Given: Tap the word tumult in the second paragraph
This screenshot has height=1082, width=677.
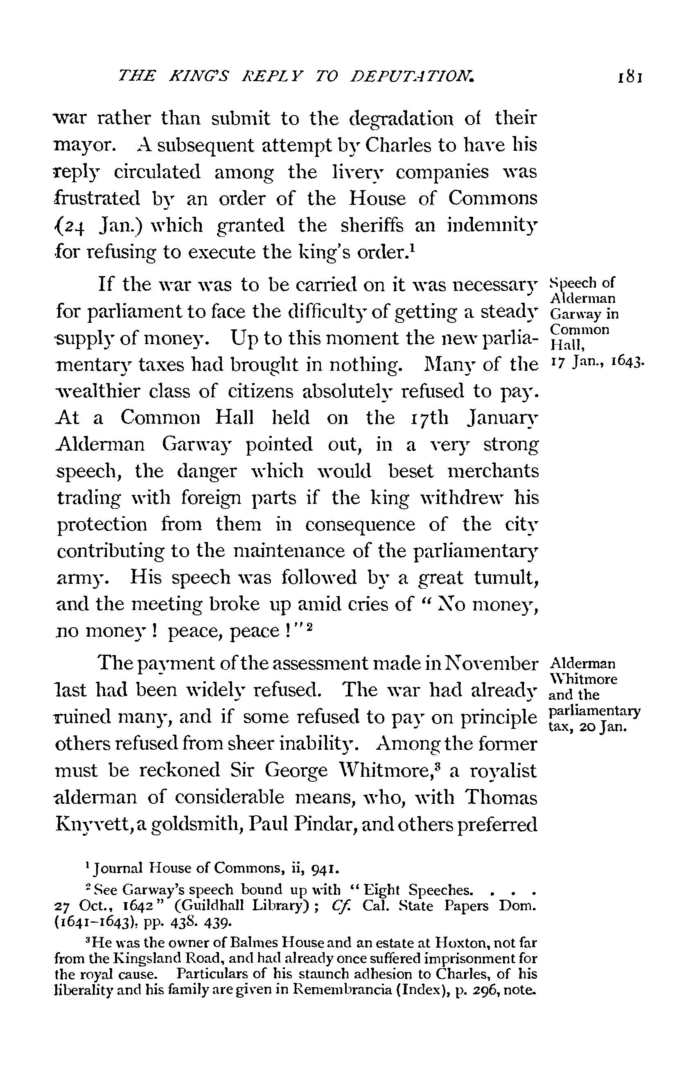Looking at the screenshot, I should click(505, 578).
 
